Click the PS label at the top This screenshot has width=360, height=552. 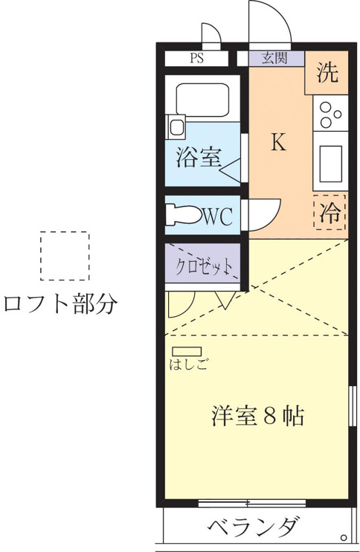click(x=196, y=58)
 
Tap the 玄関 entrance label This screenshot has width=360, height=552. click(x=275, y=58)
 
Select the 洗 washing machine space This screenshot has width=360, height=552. click(x=327, y=72)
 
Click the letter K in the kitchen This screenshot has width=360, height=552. click(x=278, y=142)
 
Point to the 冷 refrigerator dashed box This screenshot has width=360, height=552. click(x=330, y=212)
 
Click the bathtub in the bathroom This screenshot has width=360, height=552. click(x=202, y=100)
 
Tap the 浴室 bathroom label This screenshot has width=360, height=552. click(x=199, y=157)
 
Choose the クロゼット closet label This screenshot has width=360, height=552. click(x=204, y=267)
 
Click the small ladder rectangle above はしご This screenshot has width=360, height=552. click(x=187, y=351)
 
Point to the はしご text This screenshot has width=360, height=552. click(x=188, y=364)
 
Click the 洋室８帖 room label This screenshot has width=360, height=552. click(x=258, y=416)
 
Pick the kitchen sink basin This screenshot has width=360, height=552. click(x=330, y=164)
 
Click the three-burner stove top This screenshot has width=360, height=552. click(x=330, y=114)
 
